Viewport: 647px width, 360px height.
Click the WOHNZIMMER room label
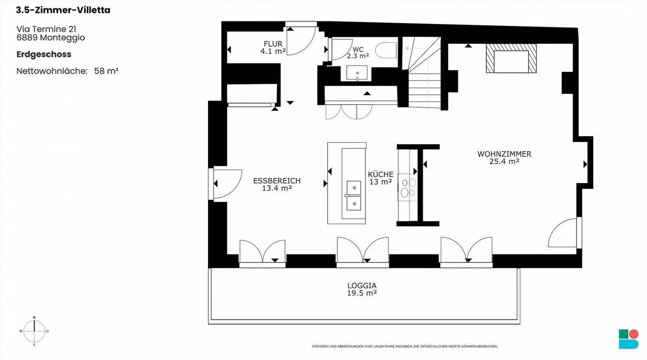(504, 154)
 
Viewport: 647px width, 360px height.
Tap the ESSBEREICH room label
(277, 181)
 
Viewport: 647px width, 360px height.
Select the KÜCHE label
(381, 174)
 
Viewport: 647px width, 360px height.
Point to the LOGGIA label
(362, 285)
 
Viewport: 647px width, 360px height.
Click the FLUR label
(273, 44)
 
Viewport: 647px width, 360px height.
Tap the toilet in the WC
(386, 50)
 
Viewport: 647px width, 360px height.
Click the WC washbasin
(357, 73)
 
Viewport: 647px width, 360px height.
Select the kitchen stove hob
(408, 187)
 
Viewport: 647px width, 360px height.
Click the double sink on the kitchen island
(354, 196)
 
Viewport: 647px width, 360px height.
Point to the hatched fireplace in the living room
(511, 58)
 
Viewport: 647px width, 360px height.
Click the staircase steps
(424, 73)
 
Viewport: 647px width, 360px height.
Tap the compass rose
(34, 331)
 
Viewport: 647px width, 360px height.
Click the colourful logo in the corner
(629, 339)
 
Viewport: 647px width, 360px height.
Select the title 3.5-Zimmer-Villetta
(63, 10)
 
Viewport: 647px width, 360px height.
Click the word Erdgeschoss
(44, 54)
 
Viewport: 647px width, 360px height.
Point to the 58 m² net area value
(106, 71)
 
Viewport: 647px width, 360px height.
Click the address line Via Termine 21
(46, 29)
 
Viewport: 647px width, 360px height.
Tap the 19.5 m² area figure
(362, 293)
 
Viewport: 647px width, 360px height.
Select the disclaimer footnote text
(405, 346)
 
